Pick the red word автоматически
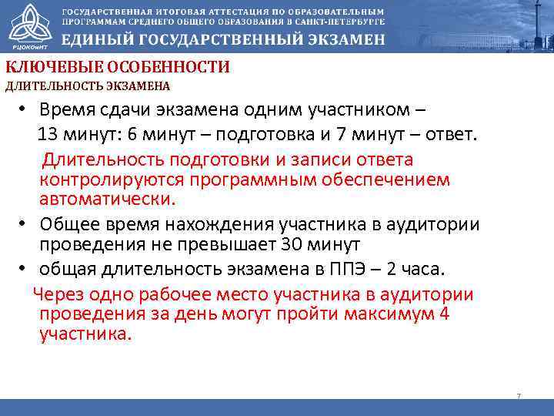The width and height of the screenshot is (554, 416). [108, 200]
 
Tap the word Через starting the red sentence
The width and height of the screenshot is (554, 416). [61, 295]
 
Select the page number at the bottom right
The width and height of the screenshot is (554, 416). [519, 396]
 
